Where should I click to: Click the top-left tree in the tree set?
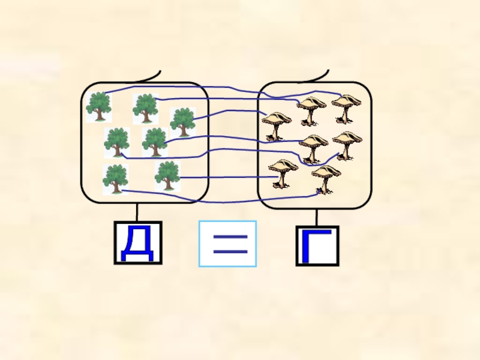coord(98,106)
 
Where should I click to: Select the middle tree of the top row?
coord(145,108)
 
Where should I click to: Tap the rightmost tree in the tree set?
coord(182,121)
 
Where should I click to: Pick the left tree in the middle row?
coord(117,142)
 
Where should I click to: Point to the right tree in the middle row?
coord(155,142)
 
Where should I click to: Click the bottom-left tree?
coord(115,178)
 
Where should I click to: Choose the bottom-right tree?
coord(167,175)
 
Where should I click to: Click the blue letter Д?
coord(137,243)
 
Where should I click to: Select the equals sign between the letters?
coord(228,244)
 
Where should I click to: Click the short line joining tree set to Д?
coord(137,212)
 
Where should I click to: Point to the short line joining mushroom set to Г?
coord(317,217)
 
